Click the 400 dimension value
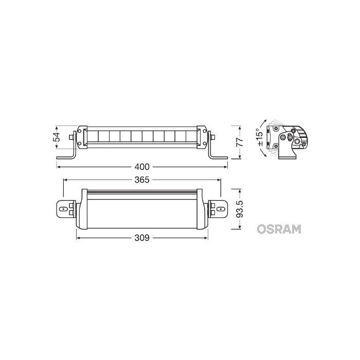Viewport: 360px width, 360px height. tap(142, 167)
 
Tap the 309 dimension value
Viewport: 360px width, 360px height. tap(142, 238)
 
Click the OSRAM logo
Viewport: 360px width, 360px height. tap(278, 228)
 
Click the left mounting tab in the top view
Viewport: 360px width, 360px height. tap(63, 210)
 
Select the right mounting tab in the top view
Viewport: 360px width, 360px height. tap(220, 210)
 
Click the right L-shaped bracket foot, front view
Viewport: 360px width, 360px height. tap(216, 155)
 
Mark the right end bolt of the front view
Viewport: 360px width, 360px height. tap(212, 137)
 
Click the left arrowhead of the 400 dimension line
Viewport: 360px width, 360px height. tap(58, 167)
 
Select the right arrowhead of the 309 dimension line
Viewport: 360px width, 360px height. tap(205, 238)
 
